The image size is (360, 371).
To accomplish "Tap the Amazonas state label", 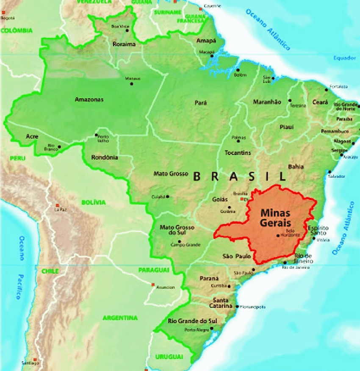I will click(89, 100).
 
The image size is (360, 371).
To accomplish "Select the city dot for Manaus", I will click(132, 83).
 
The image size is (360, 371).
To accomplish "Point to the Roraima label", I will click(124, 44).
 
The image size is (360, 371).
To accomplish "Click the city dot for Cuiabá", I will click(168, 197).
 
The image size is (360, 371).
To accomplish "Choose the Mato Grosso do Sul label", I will click(177, 230).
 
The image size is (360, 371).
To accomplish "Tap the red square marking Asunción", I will click(153, 284).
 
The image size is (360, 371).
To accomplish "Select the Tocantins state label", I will click(237, 152).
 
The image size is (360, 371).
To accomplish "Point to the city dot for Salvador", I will click(330, 172).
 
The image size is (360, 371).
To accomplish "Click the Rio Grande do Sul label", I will click(192, 321).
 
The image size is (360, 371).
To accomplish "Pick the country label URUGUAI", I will click(169, 357).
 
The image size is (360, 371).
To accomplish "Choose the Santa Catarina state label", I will click(220, 303).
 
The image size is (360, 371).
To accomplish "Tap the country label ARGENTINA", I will click(120, 318).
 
